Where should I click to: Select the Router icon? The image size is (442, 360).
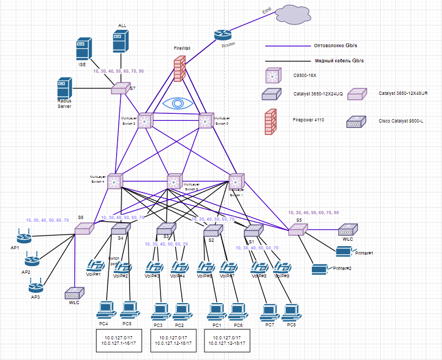pyautogui.click(x=222, y=34)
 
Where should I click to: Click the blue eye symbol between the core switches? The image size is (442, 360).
pyautogui.click(x=175, y=104)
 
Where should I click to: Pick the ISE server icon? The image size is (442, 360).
pyautogui.click(x=83, y=49)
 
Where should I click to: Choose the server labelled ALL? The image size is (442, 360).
pyautogui.click(x=120, y=41)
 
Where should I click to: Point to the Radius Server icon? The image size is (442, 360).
pyautogui.click(x=65, y=88)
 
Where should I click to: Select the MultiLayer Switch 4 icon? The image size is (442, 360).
pyautogui.click(x=115, y=182)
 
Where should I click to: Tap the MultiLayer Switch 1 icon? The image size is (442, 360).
pyautogui.click(x=237, y=182)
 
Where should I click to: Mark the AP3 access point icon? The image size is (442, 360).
pyautogui.click(x=36, y=284)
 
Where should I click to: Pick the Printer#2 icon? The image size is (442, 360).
pyautogui.click(x=319, y=269)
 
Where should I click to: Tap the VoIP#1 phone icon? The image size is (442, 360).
pyautogui.click(x=96, y=266)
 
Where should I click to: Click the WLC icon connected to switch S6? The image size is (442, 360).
pyautogui.click(x=73, y=294)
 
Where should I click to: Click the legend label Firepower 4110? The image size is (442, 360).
pyautogui.click(x=308, y=119)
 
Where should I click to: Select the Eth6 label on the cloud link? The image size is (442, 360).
pyautogui.click(x=267, y=11)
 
